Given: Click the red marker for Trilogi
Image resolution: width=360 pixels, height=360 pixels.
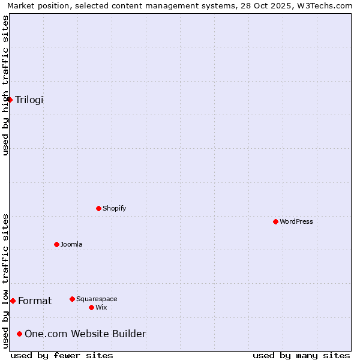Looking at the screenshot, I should (x=10, y=100).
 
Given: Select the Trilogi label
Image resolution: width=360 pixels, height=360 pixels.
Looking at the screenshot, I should (x=29, y=100).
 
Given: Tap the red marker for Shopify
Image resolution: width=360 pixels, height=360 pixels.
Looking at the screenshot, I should (x=99, y=208).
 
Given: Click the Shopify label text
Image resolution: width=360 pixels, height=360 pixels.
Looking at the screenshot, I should (x=114, y=208).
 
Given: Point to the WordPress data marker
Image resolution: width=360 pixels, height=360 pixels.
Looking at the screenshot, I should (x=275, y=221).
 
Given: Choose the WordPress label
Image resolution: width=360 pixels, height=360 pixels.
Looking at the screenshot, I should (x=296, y=221).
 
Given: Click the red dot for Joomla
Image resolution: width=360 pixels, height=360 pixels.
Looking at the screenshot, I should (x=56, y=244).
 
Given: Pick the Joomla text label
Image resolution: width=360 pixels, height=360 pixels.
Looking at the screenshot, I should (x=71, y=244).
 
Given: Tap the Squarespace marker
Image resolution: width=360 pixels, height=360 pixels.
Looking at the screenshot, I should (x=72, y=299).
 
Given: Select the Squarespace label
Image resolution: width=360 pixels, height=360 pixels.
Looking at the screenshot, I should (x=97, y=299).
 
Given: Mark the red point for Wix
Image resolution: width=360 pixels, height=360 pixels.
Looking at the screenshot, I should (x=91, y=307).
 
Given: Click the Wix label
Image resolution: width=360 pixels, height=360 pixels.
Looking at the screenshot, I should (x=101, y=307).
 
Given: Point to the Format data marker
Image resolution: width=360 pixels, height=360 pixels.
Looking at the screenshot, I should (x=13, y=301).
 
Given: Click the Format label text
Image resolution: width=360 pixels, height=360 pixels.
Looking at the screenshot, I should (x=35, y=301).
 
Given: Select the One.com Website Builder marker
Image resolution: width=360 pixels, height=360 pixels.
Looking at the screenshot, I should (x=19, y=334).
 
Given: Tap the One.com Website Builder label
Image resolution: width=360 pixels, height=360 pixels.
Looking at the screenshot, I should (x=85, y=334).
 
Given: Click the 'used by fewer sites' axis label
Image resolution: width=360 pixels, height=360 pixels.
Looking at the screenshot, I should (x=62, y=355).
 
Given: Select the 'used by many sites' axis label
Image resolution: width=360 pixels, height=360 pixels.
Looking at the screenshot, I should (x=301, y=355).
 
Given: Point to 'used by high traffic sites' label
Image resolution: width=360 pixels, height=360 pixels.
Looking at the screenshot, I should (x=5, y=85).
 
